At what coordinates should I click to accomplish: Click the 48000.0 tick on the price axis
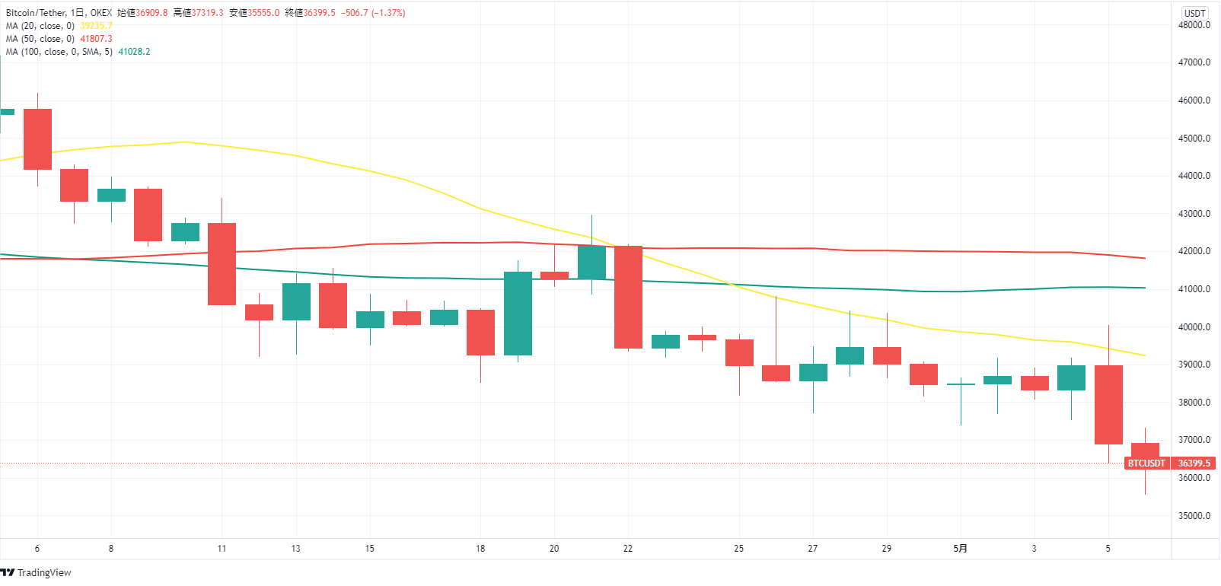(1194, 25)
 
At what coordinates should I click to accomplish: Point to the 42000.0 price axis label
(1194, 251)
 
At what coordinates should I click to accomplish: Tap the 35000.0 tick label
(1194, 516)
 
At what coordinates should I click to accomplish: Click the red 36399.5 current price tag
(1194, 463)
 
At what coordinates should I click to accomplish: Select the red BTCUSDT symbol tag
(1146, 463)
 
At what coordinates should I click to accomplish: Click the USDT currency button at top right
(1194, 13)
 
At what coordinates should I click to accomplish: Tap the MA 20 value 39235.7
(96, 26)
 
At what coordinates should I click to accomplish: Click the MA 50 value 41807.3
(96, 39)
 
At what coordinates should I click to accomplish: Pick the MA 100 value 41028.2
(134, 52)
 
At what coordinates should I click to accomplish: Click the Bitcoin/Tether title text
(36, 13)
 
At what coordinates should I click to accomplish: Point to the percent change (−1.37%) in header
(388, 13)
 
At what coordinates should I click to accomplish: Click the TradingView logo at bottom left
(37, 572)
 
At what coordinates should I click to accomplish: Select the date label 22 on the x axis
(628, 549)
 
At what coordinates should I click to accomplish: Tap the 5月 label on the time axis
(961, 549)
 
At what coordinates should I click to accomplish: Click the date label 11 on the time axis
(222, 549)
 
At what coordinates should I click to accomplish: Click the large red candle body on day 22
(628, 297)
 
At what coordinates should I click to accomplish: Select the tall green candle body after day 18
(518, 314)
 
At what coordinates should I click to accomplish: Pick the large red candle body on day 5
(1108, 405)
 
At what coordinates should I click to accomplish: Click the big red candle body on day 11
(222, 264)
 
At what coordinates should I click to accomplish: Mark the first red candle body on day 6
(37, 139)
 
